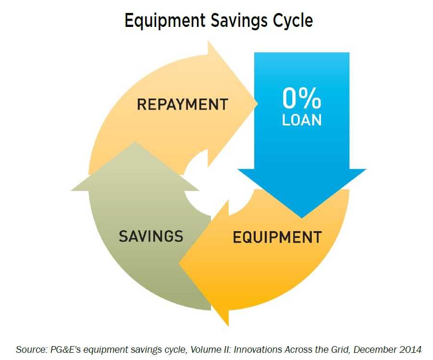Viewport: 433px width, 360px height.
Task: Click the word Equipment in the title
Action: click(165, 21)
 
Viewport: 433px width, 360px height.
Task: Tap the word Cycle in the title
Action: click(293, 21)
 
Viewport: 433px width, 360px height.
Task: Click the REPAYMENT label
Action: click(183, 104)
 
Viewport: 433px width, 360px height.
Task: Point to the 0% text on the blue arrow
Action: click(302, 99)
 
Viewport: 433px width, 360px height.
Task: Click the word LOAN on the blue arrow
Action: click(302, 120)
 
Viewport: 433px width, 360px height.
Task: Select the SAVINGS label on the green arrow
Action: click(151, 236)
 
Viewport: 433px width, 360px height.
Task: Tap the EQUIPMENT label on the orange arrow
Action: click(277, 237)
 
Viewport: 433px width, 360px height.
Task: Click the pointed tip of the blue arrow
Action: click(302, 218)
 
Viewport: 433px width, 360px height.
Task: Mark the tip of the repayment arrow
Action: click(258, 104)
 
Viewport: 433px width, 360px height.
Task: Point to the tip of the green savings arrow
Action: click(135, 142)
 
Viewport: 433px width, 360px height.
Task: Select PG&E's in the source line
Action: click(65, 349)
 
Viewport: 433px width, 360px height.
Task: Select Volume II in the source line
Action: click(210, 349)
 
